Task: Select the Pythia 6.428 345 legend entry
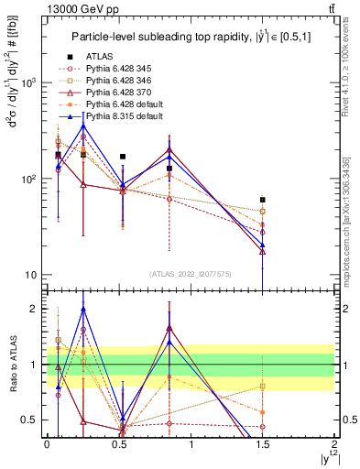pyautogui.click(x=120, y=68)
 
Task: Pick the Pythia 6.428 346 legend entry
pyautogui.click(x=120, y=81)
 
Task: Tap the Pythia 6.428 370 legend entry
pyautogui.click(x=120, y=93)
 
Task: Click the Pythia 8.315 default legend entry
pyautogui.click(x=125, y=118)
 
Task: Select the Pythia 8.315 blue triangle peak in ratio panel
pyautogui.click(x=83, y=309)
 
